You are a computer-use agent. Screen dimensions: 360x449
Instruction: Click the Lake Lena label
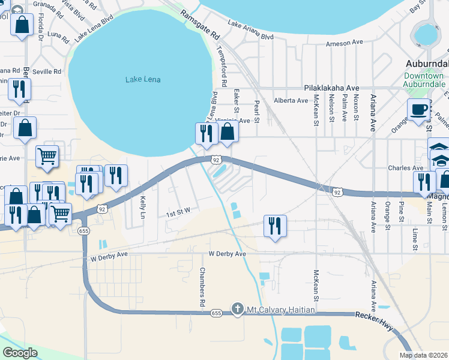click(x=143, y=80)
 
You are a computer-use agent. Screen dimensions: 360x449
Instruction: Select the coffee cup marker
click(x=418, y=110)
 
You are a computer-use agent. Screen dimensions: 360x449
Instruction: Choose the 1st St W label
click(x=178, y=211)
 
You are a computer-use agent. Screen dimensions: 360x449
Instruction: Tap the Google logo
click(x=20, y=352)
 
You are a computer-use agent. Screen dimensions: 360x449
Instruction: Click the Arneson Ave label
click(x=345, y=44)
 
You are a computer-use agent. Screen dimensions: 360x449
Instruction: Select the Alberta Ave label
click(x=291, y=100)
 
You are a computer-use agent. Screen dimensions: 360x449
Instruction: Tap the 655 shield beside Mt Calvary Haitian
click(x=217, y=312)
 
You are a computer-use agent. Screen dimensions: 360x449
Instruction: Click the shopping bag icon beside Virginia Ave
click(x=227, y=133)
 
